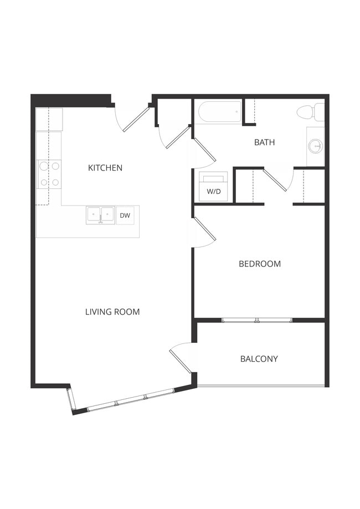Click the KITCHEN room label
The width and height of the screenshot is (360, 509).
[105, 168]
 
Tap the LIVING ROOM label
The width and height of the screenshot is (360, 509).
[112, 312]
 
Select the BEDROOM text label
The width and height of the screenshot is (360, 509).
[259, 264]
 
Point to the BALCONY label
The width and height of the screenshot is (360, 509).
[259, 359]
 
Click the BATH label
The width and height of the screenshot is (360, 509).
[264, 142]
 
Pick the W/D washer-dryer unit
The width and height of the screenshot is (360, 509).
[213, 187]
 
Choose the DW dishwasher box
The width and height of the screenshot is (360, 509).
[125, 215]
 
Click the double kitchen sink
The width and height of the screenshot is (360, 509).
[100, 214]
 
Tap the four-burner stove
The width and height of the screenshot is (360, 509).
[49, 174]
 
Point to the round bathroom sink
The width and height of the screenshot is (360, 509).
[316, 146]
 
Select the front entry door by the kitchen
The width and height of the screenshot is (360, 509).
[135, 118]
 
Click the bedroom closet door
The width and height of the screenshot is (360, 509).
[277, 179]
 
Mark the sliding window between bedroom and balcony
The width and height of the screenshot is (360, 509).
[257, 320]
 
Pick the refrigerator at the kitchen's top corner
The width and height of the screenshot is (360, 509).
[49, 119]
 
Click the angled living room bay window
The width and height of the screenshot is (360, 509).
[130, 400]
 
